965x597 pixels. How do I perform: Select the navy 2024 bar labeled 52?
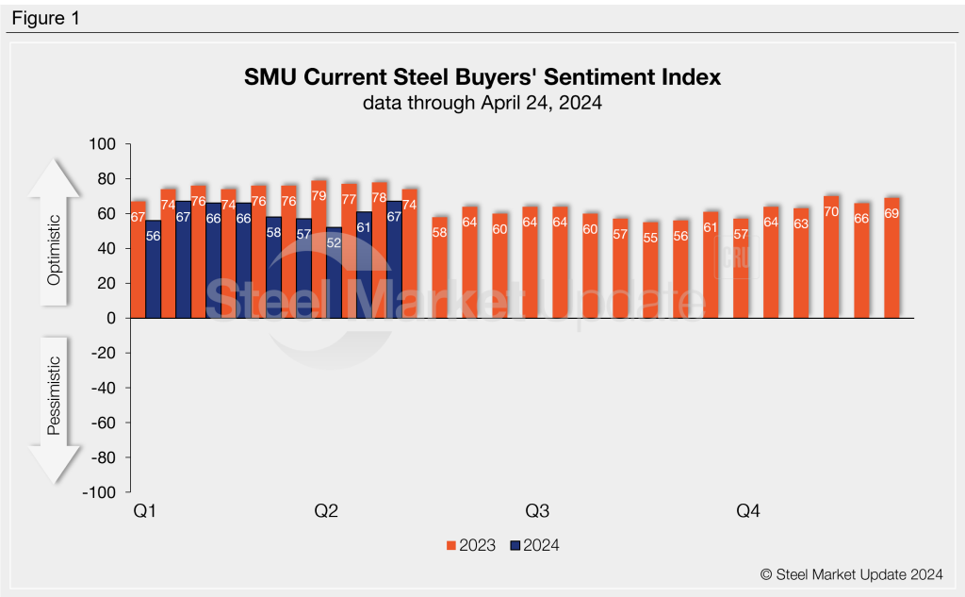point(335,274)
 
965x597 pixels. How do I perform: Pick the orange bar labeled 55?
point(649,270)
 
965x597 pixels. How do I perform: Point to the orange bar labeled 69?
point(891,257)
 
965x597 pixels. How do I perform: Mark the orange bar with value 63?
point(800,263)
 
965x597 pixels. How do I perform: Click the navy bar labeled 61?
point(364,265)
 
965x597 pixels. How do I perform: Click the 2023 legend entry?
point(470,545)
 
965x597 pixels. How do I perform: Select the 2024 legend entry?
point(534,545)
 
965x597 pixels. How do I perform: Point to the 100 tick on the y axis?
point(101,144)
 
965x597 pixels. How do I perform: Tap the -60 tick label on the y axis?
point(101,423)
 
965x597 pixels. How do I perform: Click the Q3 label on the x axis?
point(537,511)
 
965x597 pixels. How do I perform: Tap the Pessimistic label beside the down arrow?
point(54,395)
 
